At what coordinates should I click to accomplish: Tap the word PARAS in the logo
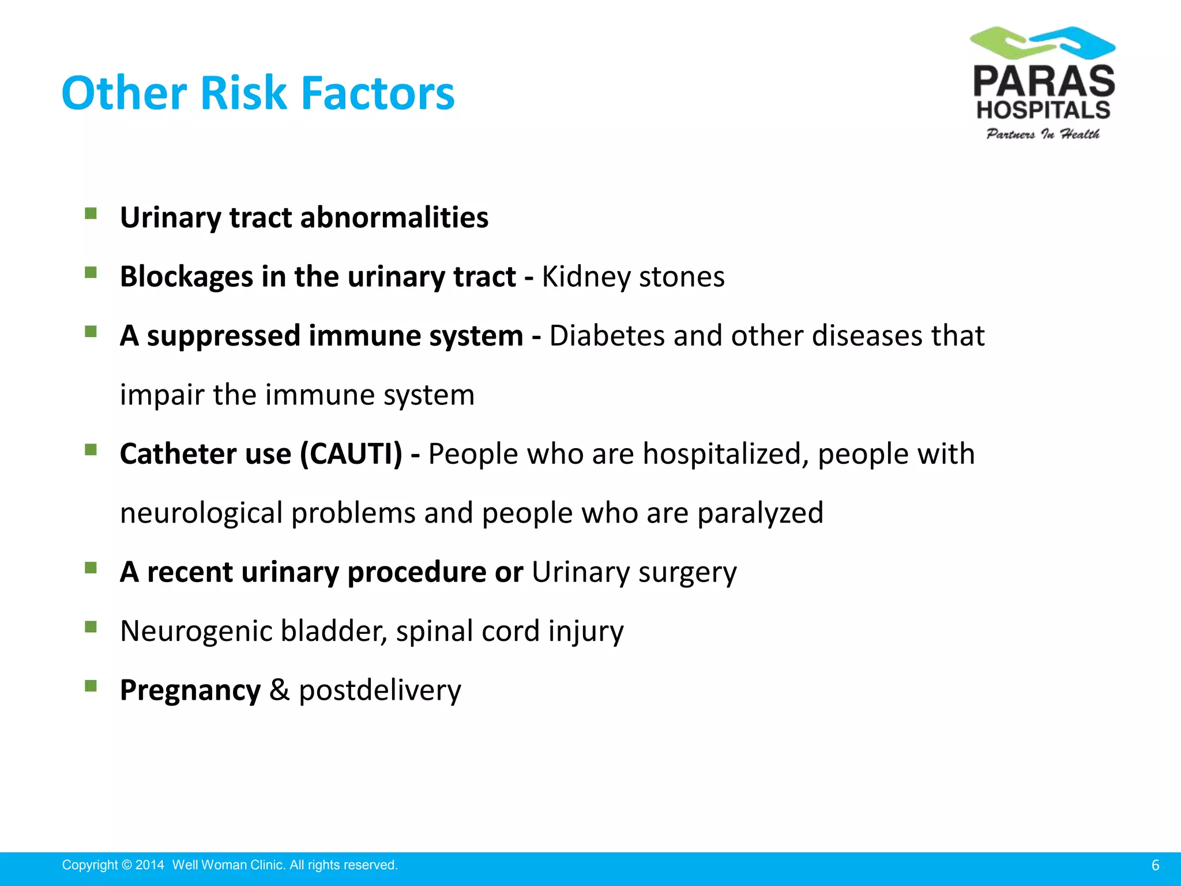(x=1044, y=82)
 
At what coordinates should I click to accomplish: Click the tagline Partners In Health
(x=1043, y=134)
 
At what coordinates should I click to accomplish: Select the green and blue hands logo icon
(x=1043, y=43)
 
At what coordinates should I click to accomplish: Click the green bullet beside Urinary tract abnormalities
(x=91, y=213)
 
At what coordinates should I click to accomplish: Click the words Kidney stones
(x=633, y=277)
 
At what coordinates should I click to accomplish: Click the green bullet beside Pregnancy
(x=91, y=686)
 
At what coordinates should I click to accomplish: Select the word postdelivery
(x=379, y=690)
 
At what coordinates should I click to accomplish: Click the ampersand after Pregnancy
(x=279, y=690)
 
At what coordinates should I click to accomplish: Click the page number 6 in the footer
(x=1155, y=865)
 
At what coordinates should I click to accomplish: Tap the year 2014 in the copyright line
(x=150, y=865)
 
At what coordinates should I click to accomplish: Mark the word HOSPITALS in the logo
(x=1043, y=110)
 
